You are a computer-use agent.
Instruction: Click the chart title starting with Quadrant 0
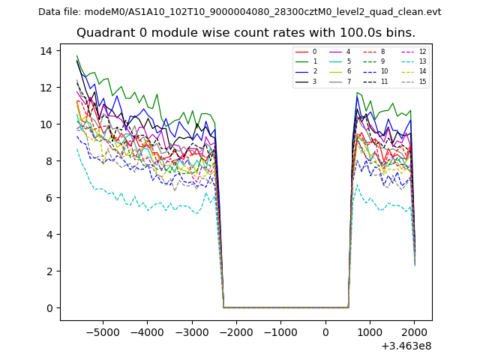(x=245, y=33)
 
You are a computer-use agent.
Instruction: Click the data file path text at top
(x=239, y=11)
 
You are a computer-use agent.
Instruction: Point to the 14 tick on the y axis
(x=45, y=51)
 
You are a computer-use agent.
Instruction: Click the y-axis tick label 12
(x=45, y=88)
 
